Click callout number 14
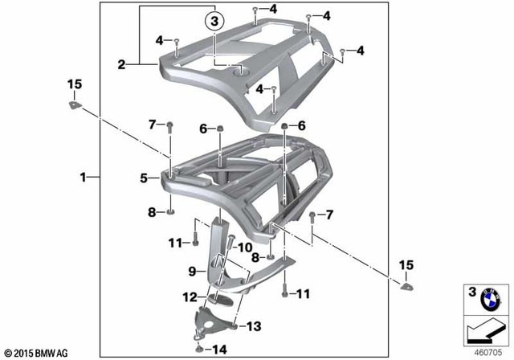point(222,349)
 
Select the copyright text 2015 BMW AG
point(37,352)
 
